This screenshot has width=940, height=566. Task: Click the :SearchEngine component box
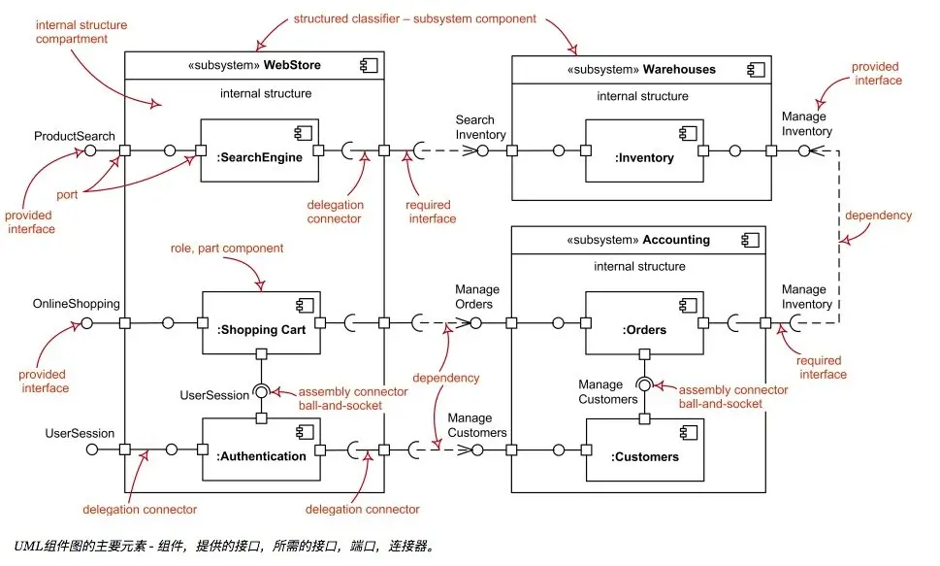click(x=260, y=150)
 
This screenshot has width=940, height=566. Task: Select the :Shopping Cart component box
click(x=261, y=323)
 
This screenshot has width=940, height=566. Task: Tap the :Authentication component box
click(x=261, y=449)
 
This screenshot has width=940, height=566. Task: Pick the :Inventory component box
click(x=644, y=150)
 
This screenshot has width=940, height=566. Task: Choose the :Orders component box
click(x=644, y=323)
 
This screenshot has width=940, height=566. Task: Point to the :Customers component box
click(x=645, y=450)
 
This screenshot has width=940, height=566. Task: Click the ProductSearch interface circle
click(x=90, y=150)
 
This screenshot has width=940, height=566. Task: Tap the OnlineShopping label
click(x=76, y=304)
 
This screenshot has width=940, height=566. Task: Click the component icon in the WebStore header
click(x=369, y=65)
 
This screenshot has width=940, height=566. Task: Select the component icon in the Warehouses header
click(x=756, y=70)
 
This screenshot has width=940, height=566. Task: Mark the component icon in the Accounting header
click(x=751, y=240)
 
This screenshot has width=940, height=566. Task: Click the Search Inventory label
click(x=480, y=127)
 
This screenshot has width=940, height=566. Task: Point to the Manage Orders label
click(x=477, y=296)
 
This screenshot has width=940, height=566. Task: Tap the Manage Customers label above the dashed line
click(x=477, y=425)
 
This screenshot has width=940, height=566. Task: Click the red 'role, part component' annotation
click(x=227, y=248)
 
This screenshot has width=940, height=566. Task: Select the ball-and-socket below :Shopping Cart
click(x=261, y=392)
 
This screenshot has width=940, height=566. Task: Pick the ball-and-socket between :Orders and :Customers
click(x=644, y=384)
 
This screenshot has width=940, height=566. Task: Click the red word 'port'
click(x=67, y=194)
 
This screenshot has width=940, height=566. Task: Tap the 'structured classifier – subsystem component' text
click(x=415, y=18)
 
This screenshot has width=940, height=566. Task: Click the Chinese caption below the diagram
click(x=224, y=546)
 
